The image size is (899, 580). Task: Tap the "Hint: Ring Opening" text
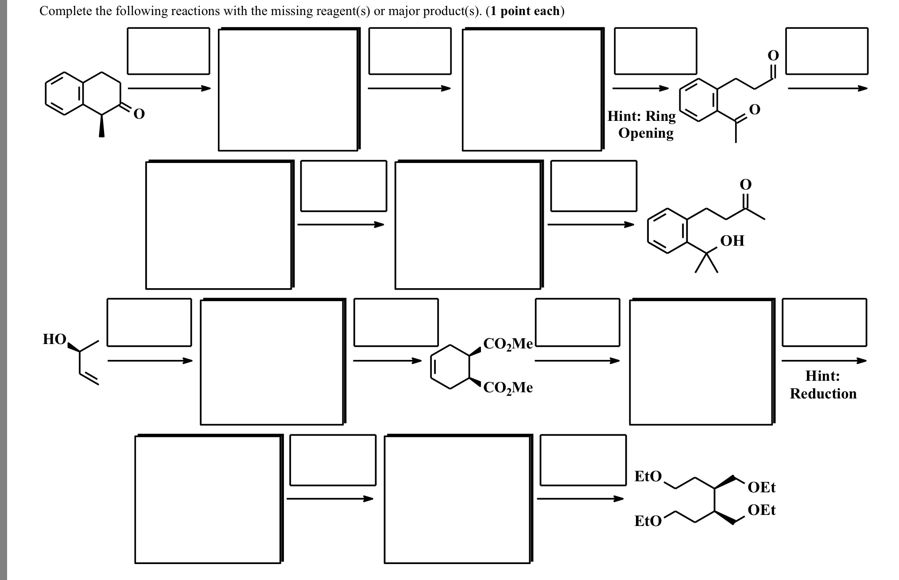[x=642, y=124]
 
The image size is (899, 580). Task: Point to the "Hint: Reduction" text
[x=823, y=385]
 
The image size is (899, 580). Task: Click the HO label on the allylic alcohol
[x=54, y=340]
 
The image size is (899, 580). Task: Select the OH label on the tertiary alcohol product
[x=732, y=241]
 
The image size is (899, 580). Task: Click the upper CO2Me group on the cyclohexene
[x=508, y=344]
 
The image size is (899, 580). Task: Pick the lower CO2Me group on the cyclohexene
[x=508, y=388]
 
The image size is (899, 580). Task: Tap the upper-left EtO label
[x=648, y=476]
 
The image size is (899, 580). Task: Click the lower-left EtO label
[x=648, y=521]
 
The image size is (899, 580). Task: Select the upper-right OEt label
[x=762, y=487]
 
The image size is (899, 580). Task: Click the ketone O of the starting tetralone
[x=139, y=115]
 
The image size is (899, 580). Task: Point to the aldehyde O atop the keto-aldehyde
[x=773, y=55]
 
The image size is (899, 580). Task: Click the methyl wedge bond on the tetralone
[x=101, y=126]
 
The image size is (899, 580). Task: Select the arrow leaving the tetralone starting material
[x=169, y=88]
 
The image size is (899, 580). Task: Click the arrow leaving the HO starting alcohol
[x=150, y=360]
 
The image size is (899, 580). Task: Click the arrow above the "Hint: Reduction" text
[x=823, y=360]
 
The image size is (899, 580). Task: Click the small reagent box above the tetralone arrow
[x=168, y=51]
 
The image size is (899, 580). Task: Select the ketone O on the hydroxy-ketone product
[x=746, y=184]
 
